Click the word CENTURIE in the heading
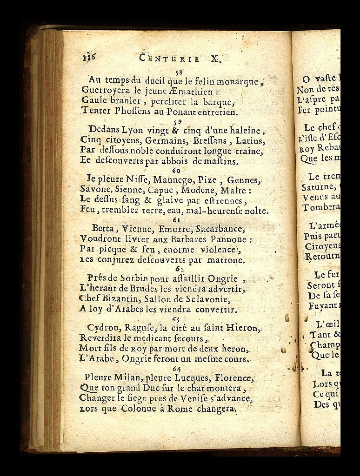pyautogui.click(x=170, y=59)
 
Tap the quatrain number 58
pyautogui.click(x=178, y=72)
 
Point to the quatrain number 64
pyautogui.click(x=176, y=368)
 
